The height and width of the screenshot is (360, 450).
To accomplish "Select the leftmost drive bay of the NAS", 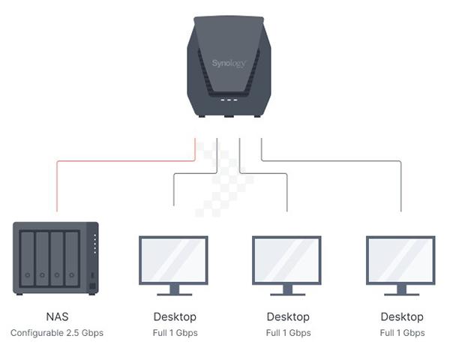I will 28,257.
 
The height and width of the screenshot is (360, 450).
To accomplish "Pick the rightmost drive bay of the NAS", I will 72,257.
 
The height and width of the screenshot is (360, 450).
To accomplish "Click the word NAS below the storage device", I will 57,316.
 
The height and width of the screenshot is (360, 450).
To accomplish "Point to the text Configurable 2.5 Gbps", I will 57,332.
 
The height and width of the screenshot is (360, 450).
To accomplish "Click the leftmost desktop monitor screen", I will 174,259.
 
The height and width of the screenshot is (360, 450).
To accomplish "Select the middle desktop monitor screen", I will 287,259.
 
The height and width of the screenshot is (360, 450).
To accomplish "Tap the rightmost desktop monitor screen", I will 400,259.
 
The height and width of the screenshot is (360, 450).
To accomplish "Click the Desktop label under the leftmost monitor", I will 175,316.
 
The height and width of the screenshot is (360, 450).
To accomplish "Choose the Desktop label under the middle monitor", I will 288,316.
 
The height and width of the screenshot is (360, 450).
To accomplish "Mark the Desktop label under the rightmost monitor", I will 402,316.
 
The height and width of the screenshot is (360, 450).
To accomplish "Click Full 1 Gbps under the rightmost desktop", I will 402,332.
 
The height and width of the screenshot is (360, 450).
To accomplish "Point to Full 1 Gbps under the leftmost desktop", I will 175,332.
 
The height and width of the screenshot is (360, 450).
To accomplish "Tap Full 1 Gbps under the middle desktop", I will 288,332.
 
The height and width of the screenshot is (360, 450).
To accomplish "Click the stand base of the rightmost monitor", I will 400,293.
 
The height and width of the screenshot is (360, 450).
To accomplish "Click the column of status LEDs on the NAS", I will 94,244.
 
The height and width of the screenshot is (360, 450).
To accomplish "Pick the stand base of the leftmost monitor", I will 174,293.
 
